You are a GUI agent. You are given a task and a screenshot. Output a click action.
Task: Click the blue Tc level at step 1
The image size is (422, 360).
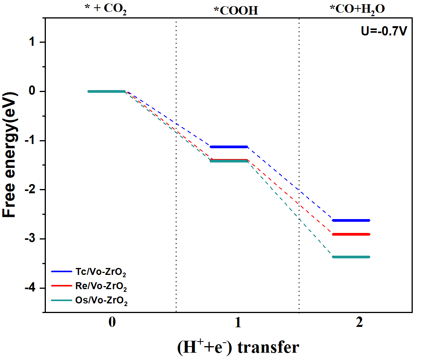click(229, 147)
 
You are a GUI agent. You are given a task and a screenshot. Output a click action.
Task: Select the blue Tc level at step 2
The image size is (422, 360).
click(351, 220)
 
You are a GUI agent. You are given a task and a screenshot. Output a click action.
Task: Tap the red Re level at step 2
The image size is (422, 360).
click(351, 234)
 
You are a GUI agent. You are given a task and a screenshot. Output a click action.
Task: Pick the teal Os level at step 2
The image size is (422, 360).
click(351, 257)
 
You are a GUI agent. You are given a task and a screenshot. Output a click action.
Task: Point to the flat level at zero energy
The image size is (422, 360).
click(107, 91)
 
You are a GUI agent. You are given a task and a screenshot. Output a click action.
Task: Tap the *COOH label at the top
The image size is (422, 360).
click(235, 10)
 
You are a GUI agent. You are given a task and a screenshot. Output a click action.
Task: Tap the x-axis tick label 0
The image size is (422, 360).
click(112, 322)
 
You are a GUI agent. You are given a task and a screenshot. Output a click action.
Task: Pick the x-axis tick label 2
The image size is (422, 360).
click(359, 322)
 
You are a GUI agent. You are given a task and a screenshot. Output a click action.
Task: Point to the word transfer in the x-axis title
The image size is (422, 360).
click(268, 347)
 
